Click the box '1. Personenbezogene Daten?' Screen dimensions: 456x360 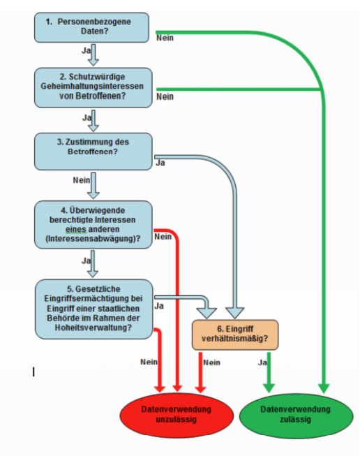[93, 27]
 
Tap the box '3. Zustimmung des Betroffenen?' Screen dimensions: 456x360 [93, 151]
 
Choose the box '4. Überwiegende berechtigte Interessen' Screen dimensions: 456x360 [93, 223]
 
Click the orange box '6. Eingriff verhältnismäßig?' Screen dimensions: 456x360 [234, 335]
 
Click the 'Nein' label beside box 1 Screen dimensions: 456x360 [165, 38]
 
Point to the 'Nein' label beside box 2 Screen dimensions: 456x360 [165, 96]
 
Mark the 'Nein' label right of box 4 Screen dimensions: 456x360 [163, 236]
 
